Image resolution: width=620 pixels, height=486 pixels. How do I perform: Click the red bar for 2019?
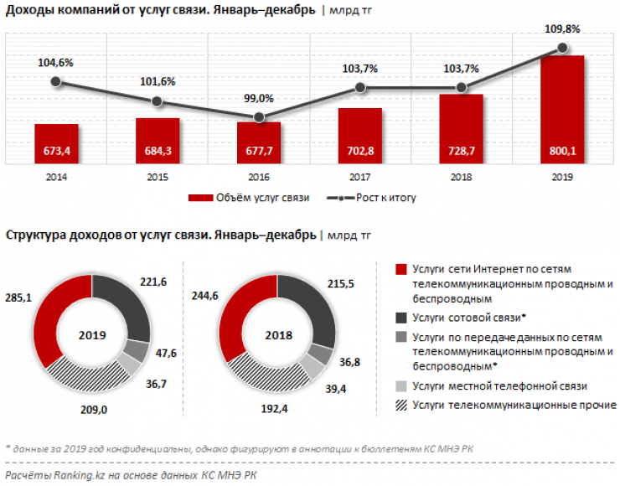[x=562, y=109]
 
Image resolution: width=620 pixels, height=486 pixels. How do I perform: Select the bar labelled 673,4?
[x=56, y=144]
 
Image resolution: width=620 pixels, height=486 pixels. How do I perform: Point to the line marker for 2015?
[x=158, y=101]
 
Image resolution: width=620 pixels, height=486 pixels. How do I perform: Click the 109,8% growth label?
[x=561, y=28]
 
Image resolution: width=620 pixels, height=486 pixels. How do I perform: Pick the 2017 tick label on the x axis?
[x=359, y=178]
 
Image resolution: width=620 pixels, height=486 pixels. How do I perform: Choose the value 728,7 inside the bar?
[x=461, y=152]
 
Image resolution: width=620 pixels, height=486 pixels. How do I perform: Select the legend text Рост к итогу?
[x=386, y=199]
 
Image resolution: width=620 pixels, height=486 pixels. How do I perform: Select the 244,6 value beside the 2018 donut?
[x=205, y=295]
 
